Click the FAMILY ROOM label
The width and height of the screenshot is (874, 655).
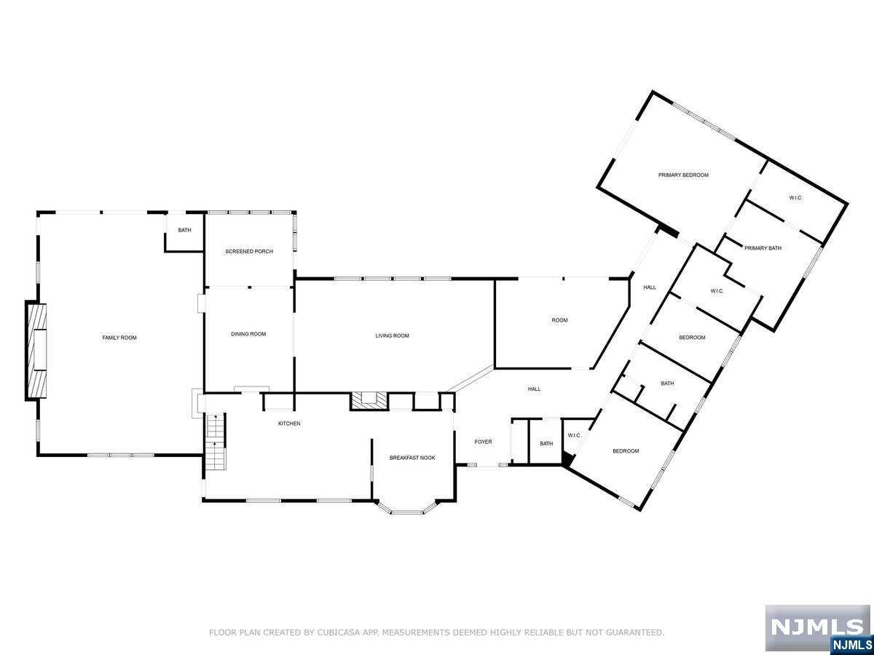(x=119, y=338)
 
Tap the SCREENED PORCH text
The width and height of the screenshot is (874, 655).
(x=249, y=252)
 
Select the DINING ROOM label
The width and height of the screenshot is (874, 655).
(x=248, y=334)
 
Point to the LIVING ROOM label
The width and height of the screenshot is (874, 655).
(x=392, y=336)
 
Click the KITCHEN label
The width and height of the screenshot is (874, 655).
(x=289, y=424)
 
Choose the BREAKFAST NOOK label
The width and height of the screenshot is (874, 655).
(x=412, y=458)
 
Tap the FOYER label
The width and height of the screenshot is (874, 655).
(x=483, y=442)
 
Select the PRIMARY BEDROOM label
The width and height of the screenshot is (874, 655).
(x=683, y=175)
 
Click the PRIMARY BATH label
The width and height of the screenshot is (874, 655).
(x=763, y=248)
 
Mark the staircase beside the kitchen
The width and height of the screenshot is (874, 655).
(x=216, y=442)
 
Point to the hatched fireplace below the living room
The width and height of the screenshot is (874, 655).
(x=369, y=400)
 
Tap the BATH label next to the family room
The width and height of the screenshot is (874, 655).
(x=184, y=231)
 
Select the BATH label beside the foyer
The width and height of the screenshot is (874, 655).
(x=546, y=444)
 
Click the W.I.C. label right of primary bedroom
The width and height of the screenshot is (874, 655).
(x=795, y=198)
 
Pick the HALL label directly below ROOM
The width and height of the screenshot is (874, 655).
(x=534, y=389)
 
